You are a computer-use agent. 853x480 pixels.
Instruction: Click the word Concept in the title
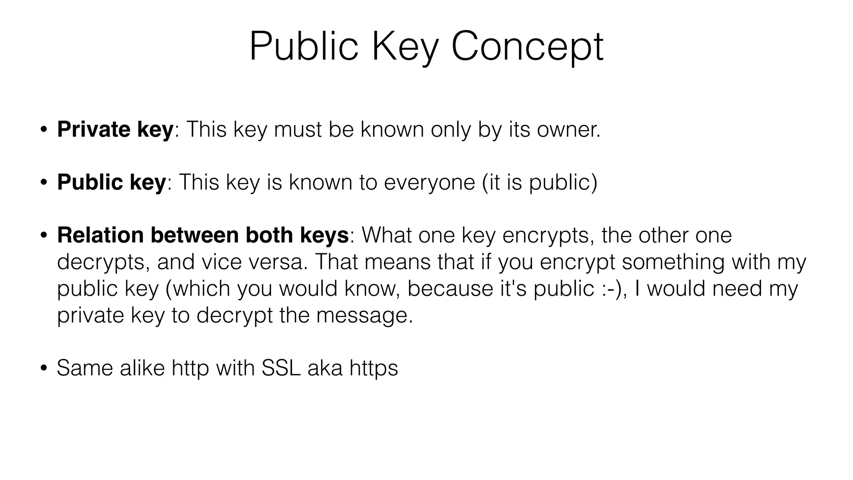coord(527,47)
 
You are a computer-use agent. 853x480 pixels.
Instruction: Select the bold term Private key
coord(115,129)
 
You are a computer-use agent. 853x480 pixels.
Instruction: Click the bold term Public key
coord(112,182)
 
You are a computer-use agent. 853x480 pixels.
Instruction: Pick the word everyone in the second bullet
coord(429,182)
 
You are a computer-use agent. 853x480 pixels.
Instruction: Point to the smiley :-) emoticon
coord(614,288)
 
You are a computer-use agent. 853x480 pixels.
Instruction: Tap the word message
coord(364,315)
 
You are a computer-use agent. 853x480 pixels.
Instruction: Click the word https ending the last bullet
coord(374,368)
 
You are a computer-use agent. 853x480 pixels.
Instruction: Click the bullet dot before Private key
coord(44,130)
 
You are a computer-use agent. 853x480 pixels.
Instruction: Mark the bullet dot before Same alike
coord(44,368)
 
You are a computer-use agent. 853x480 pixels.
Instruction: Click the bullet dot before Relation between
coord(44,235)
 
